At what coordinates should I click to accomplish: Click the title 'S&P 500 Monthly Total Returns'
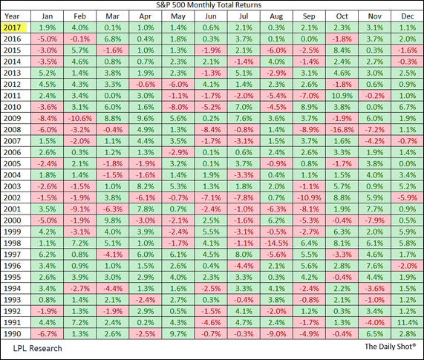pos(212,5)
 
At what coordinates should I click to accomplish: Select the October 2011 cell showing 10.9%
pos(342,95)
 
